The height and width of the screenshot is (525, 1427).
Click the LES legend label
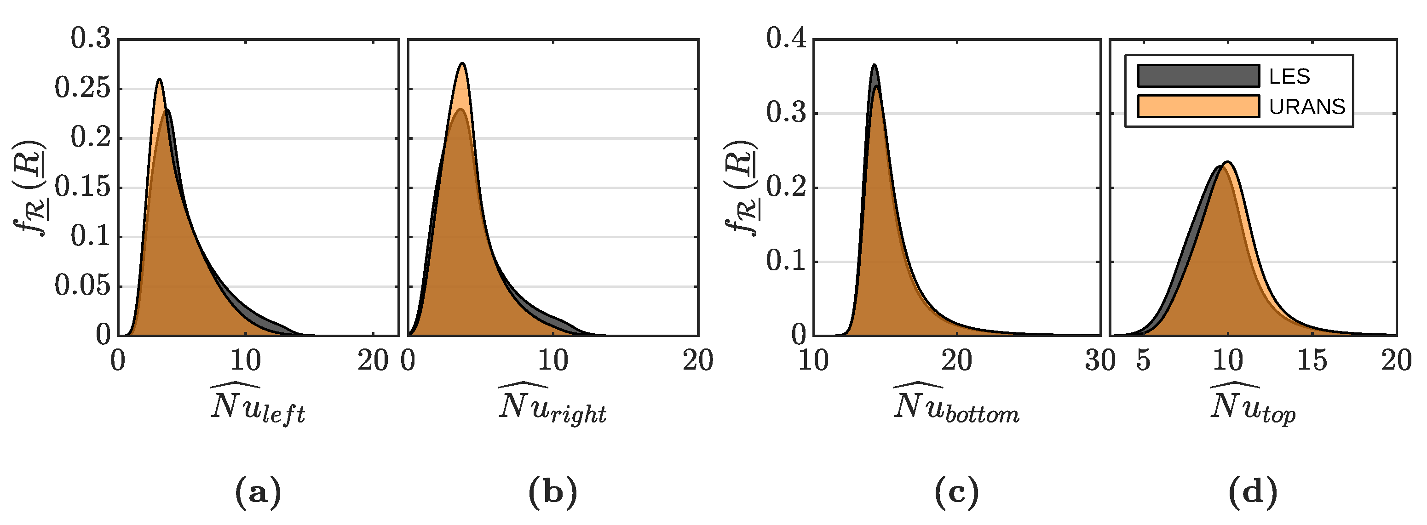(1289, 76)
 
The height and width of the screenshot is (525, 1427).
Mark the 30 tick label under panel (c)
(1099, 361)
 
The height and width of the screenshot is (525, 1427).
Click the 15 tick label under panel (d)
(1312, 361)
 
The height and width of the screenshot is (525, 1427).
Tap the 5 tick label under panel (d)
(1143, 361)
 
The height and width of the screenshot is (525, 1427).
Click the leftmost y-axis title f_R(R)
(30, 188)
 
